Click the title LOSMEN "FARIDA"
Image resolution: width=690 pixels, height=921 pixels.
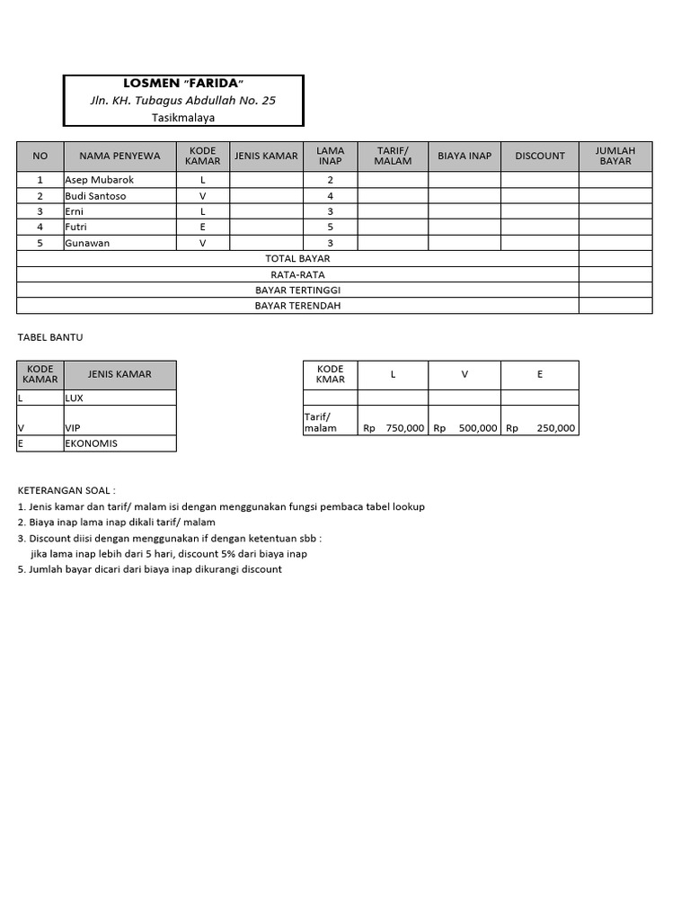[x=183, y=84]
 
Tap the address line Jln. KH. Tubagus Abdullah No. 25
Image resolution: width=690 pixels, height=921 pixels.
[x=183, y=101]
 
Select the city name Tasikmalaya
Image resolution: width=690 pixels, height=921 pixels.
[x=183, y=117]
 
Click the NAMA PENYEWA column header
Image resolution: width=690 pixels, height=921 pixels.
[x=119, y=156]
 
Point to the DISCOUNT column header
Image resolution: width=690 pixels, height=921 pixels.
[x=540, y=156]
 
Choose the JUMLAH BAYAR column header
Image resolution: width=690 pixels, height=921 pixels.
[x=615, y=156]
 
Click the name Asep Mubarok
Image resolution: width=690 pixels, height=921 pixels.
[x=99, y=180]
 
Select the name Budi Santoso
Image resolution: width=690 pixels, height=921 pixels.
[x=95, y=196]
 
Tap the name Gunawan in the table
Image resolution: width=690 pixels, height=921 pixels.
[x=86, y=243]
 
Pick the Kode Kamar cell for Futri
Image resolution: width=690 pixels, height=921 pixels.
[x=203, y=228]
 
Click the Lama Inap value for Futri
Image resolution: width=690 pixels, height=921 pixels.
[x=331, y=228]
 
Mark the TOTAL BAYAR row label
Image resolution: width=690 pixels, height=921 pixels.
[x=297, y=259]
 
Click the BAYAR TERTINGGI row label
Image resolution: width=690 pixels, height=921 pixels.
[x=297, y=291]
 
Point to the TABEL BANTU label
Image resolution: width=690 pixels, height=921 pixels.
[x=50, y=337]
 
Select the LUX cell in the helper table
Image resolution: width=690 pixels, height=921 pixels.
[x=74, y=397]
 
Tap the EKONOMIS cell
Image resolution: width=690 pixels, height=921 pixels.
[x=91, y=443]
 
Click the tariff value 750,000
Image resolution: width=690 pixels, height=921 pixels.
[x=404, y=428]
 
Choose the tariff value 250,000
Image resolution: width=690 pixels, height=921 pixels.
[x=555, y=428]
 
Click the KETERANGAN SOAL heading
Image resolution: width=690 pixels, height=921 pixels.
[x=66, y=490]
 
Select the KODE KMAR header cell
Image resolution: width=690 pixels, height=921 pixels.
[x=331, y=374]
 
